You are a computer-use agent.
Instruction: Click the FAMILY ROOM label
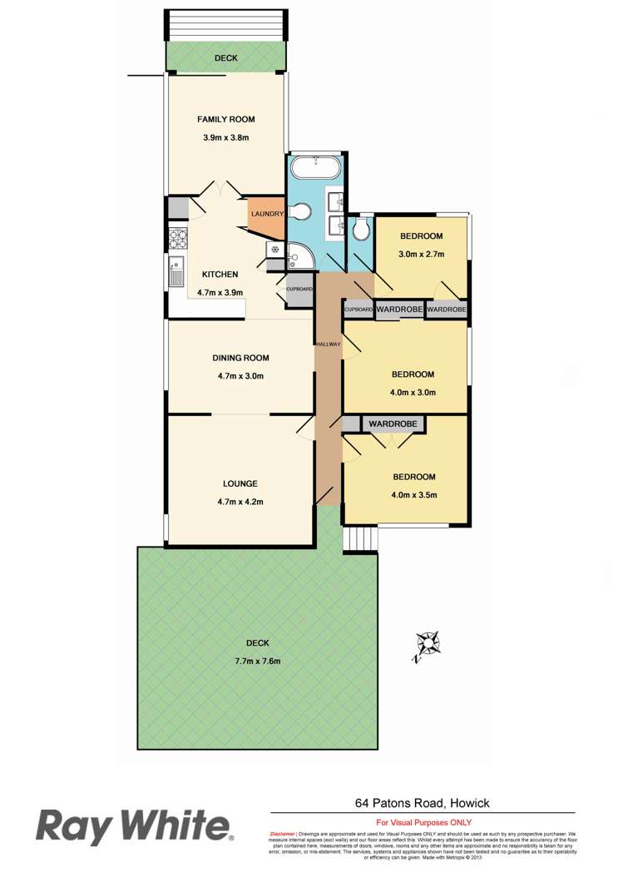pos(225,119)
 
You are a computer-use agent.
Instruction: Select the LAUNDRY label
pos(267,214)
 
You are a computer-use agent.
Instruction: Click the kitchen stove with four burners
pos(179,239)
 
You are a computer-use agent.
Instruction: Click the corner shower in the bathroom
pos(300,258)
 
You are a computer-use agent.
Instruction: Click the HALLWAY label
pos(328,343)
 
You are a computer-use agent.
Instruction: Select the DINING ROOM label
pos(240,358)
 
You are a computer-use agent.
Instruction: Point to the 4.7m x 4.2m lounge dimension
pos(240,501)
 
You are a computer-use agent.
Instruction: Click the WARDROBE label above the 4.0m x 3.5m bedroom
pos(393,424)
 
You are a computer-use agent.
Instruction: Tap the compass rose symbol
pos(428,645)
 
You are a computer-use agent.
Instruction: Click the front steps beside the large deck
pos(361,538)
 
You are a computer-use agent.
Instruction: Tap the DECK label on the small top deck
pos(225,58)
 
